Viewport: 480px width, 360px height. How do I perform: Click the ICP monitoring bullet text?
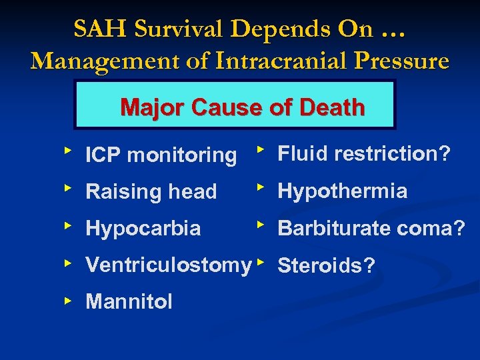pos(161,155)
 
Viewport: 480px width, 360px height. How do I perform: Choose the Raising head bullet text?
pos(151,192)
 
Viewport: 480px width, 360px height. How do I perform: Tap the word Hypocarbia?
pos(143,229)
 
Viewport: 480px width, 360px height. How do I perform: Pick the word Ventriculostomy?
pos(168,265)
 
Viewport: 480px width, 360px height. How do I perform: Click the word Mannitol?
pos(129,302)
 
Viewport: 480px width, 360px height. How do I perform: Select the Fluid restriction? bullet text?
pos(364,154)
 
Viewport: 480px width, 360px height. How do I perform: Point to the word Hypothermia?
pos(342,191)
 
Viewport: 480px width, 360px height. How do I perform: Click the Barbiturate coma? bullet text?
pos(371,229)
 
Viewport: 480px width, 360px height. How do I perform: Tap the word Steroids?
pos(326,266)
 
